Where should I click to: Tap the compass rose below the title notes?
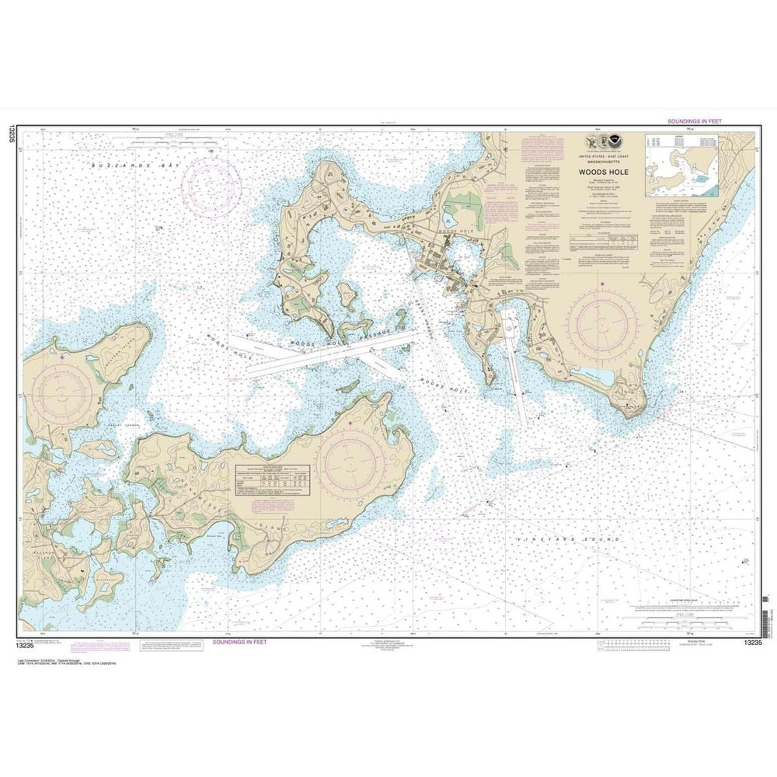coord(604,326)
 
